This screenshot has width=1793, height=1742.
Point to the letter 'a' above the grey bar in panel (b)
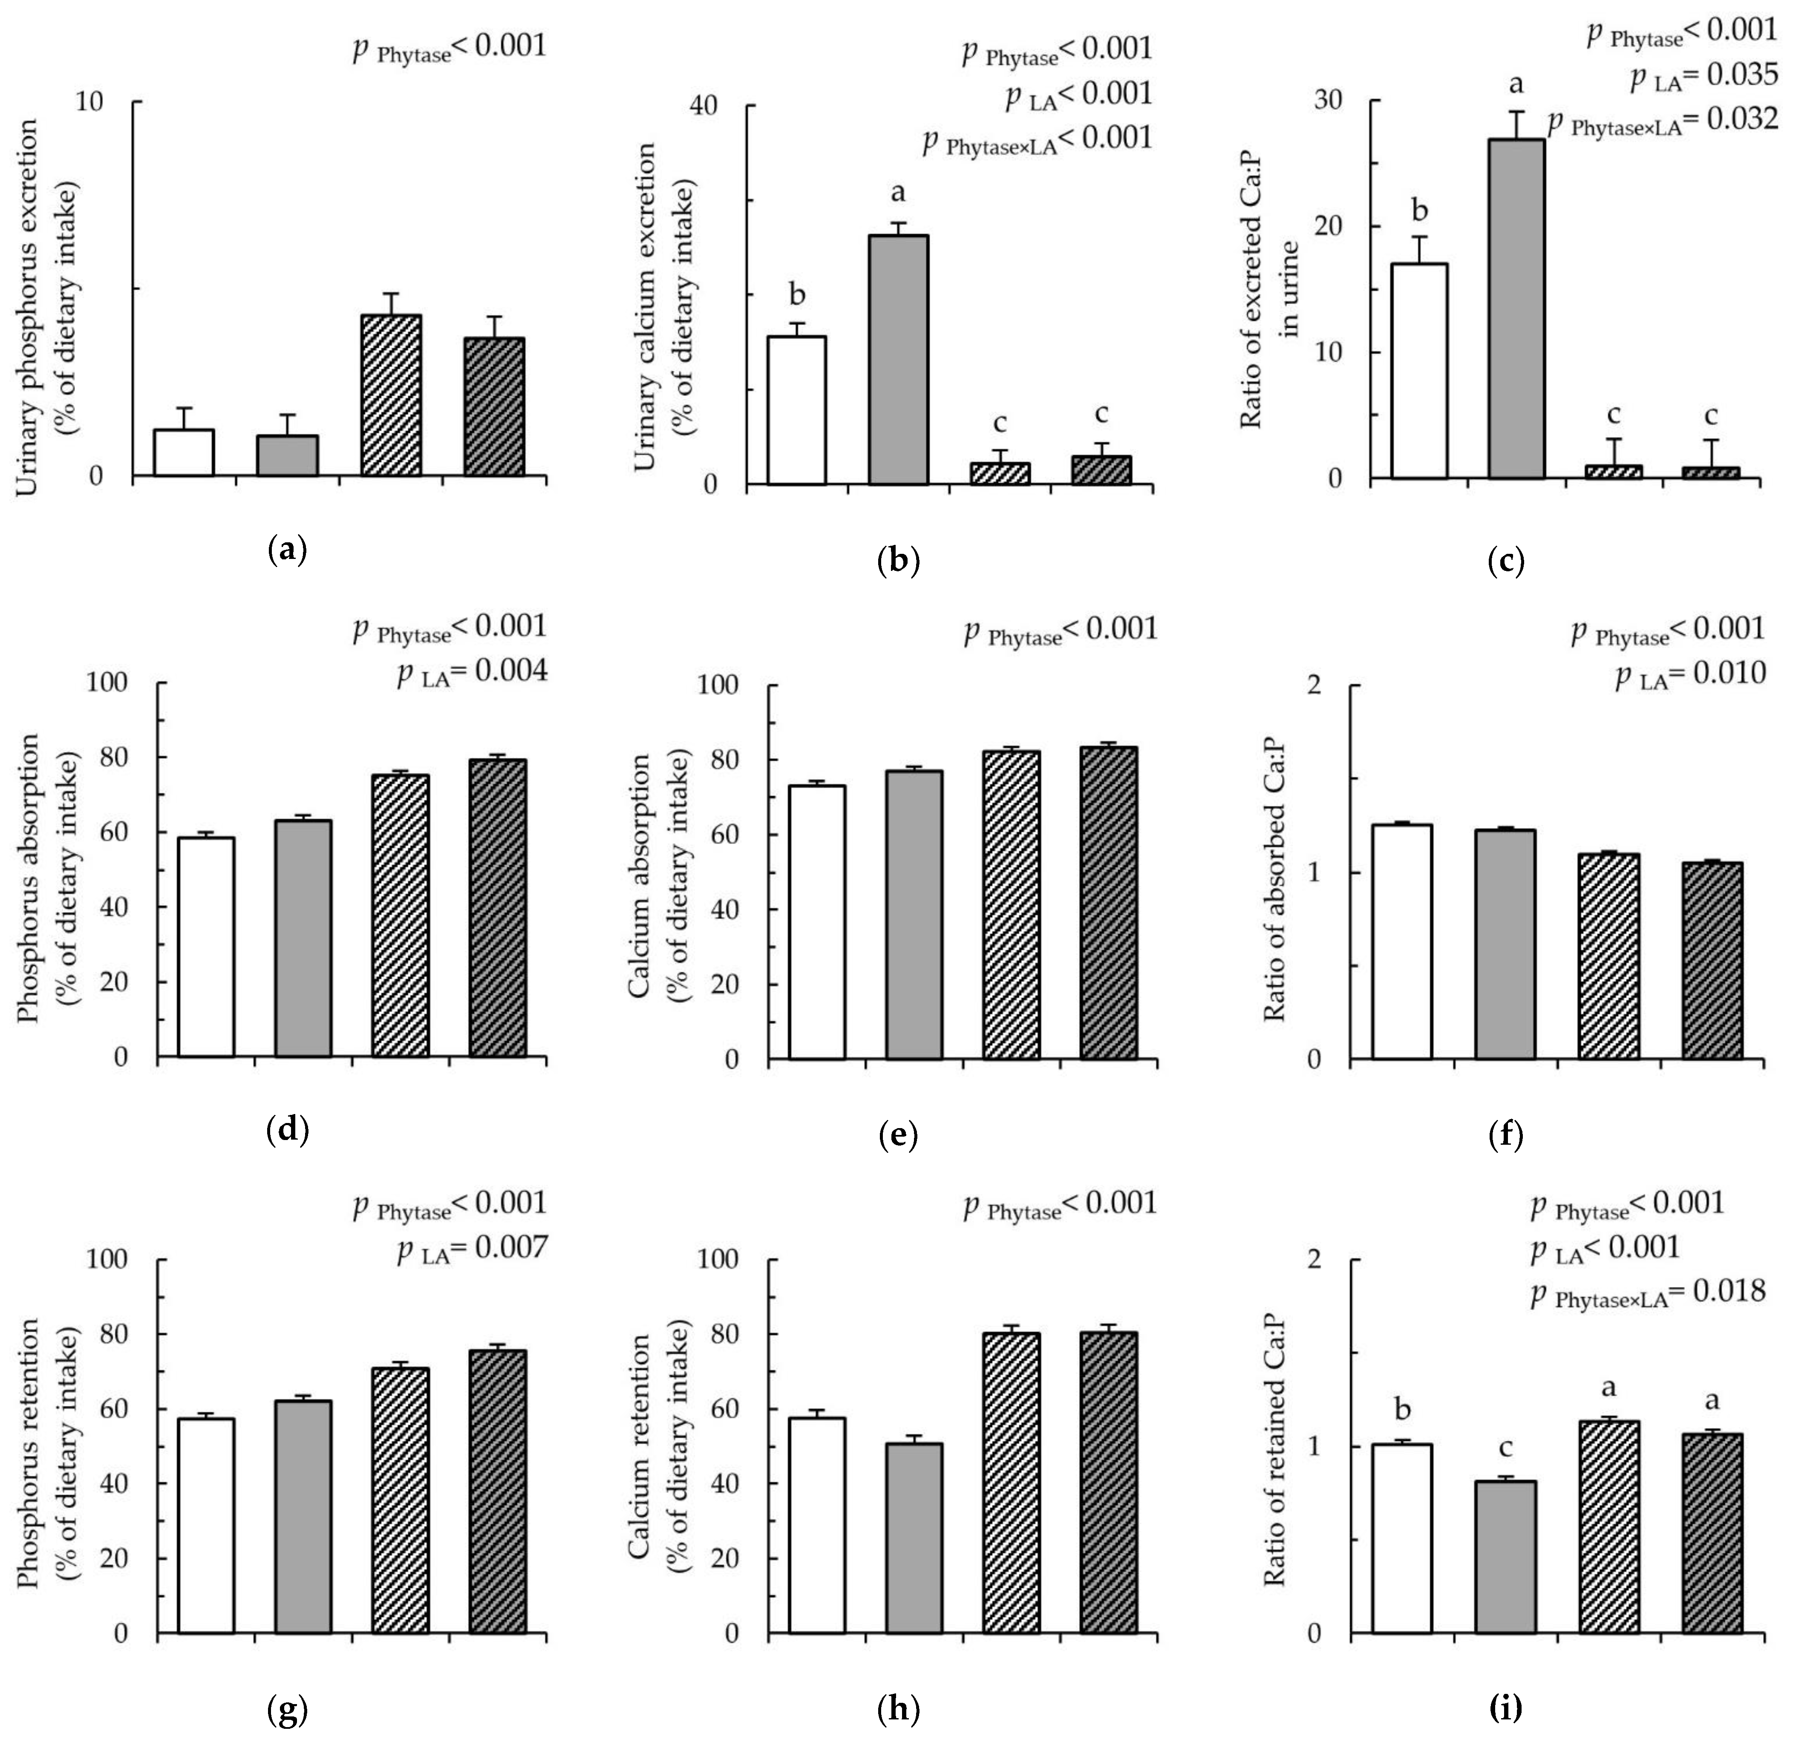898,193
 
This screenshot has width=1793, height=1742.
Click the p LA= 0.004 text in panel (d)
472,672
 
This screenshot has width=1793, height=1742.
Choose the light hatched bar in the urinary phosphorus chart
391,395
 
